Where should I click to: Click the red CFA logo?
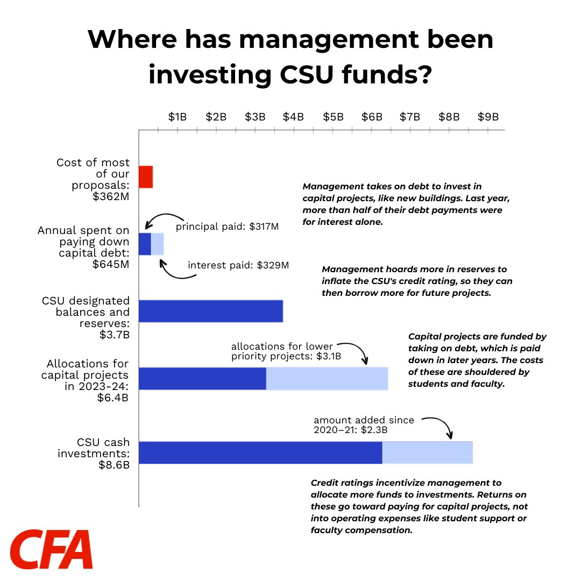(52, 549)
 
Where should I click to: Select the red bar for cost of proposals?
(146, 177)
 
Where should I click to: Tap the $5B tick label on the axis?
(333, 117)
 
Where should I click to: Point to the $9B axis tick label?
(488, 117)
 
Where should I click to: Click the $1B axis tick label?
(178, 117)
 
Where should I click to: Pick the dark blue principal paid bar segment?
(145, 244)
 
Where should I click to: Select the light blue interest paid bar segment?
(157, 244)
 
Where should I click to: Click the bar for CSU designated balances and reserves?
(211, 311)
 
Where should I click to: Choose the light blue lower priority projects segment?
(327, 378)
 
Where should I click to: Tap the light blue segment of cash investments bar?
(427, 452)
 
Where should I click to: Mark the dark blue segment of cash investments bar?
(260, 452)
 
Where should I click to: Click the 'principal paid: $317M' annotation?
(227, 226)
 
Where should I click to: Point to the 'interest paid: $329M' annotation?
(238, 265)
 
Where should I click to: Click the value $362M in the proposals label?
(111, 196)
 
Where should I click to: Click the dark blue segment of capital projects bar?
(202, 378)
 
